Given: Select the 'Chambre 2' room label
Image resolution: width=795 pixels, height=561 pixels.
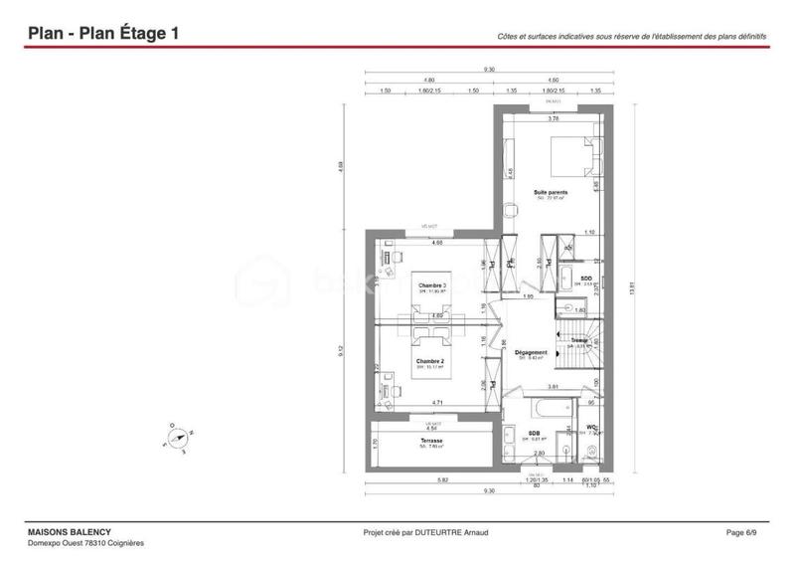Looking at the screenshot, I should [429, 361].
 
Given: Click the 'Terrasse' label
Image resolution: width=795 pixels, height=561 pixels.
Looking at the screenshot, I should [430, 441].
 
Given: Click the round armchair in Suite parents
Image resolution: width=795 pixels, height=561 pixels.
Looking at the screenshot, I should [511, 210].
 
